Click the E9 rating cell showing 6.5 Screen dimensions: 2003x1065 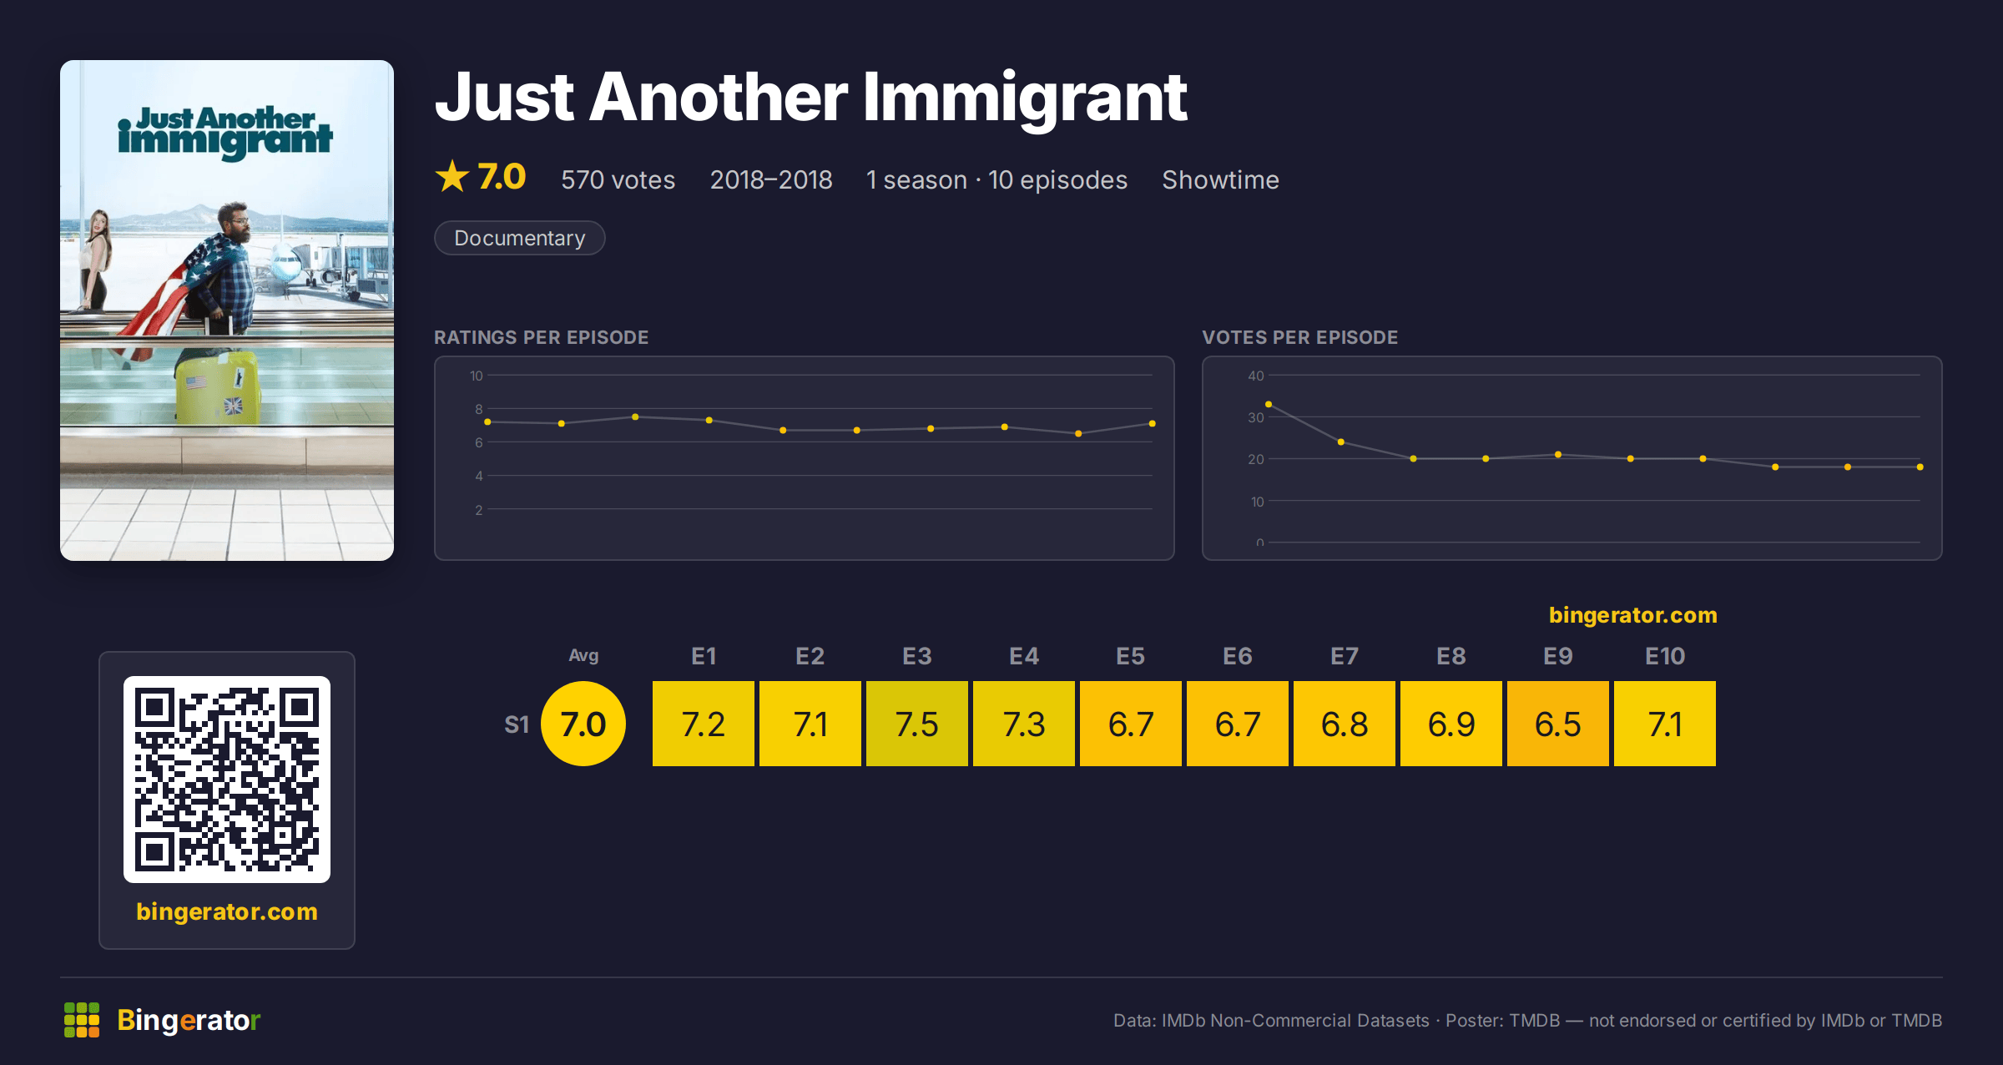point(1557,724)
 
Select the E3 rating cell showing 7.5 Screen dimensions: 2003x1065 point(916,724)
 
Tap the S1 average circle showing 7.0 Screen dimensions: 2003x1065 point(583,724)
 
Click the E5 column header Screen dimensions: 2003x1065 point(1130,656)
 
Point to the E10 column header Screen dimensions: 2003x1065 point(1664,656)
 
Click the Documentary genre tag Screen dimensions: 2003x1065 point(519,238)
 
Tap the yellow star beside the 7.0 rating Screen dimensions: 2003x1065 point(452,176)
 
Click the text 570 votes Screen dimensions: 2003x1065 point(618,179)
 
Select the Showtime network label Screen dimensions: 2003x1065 point(1220,179)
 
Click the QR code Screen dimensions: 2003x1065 point(227,780)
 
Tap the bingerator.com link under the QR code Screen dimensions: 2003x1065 point(227,911)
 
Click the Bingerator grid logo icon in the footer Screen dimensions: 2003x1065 point(82,1020)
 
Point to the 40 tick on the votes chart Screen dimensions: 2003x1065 point(1255,376)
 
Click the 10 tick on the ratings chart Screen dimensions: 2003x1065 point(476,376)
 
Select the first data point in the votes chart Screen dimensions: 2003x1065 point(1269,404)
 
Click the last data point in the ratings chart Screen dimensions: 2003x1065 point(1153,424)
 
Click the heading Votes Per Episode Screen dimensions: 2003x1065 point(1299,337)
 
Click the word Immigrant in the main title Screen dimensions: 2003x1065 point(1025,98)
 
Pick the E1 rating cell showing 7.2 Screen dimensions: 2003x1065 point(703,724)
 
